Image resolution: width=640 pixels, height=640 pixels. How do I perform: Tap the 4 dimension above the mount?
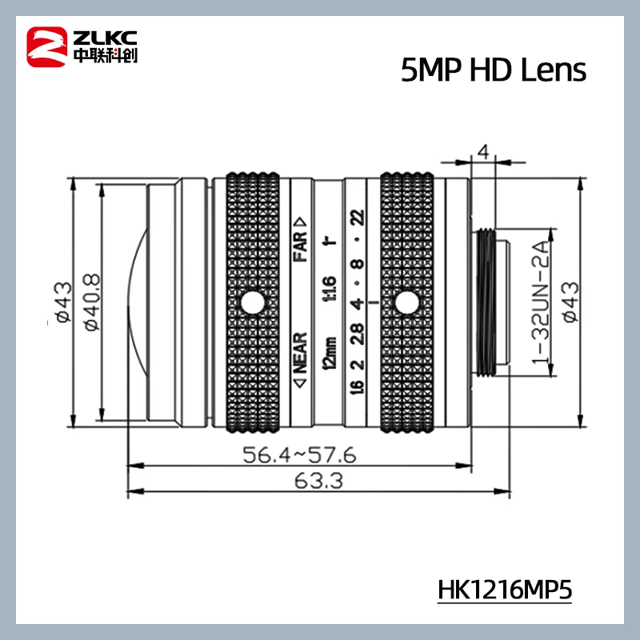[482, 151]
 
